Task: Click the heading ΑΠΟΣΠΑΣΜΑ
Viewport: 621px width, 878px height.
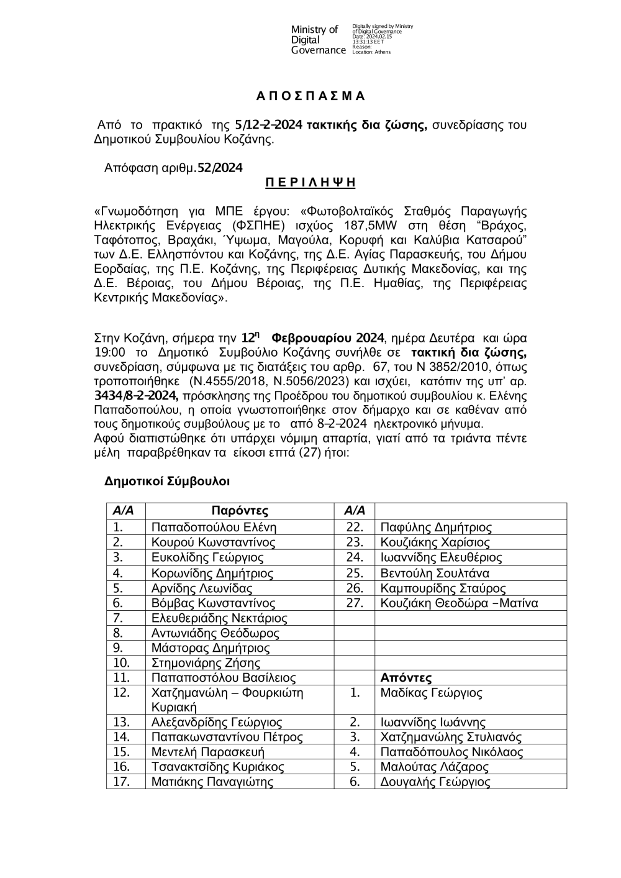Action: (310, 96)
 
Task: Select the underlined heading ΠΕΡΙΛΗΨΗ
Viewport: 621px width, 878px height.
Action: (310, 182)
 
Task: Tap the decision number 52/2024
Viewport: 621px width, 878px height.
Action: (219, 168)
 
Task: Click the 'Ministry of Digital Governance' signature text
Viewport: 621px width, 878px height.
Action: (318, 40)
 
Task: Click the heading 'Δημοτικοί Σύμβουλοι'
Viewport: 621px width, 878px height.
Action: (168, 481)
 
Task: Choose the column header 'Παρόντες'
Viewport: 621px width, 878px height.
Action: (240, 511)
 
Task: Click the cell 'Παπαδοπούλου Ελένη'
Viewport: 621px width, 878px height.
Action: (214, 527)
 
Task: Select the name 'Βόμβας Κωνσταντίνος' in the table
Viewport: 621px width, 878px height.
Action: (214, 603)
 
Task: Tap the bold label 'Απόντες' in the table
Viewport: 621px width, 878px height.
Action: (406, 678)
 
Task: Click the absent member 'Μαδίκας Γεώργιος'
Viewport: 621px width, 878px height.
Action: (431, 693)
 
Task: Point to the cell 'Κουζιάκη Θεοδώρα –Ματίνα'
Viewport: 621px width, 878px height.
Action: (459, 603)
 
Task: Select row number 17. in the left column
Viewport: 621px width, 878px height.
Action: (121, 782)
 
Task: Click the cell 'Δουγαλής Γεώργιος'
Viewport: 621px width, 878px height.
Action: (435, 782)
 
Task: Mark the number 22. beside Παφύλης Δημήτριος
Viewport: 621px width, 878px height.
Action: (355, 527)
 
